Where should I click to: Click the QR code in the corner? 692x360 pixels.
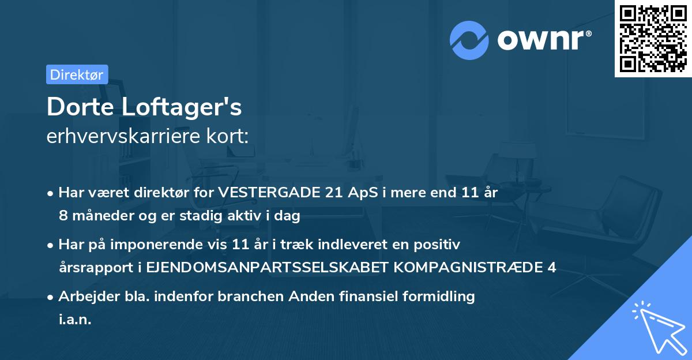click(653, 39)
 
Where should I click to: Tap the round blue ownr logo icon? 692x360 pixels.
click(469, 40)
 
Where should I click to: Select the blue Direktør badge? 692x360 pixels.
click(77, 74)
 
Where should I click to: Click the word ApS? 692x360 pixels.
click(366, 193)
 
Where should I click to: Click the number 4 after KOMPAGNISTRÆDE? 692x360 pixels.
click(552, 268)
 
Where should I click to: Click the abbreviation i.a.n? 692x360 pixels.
click(75, 319)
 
